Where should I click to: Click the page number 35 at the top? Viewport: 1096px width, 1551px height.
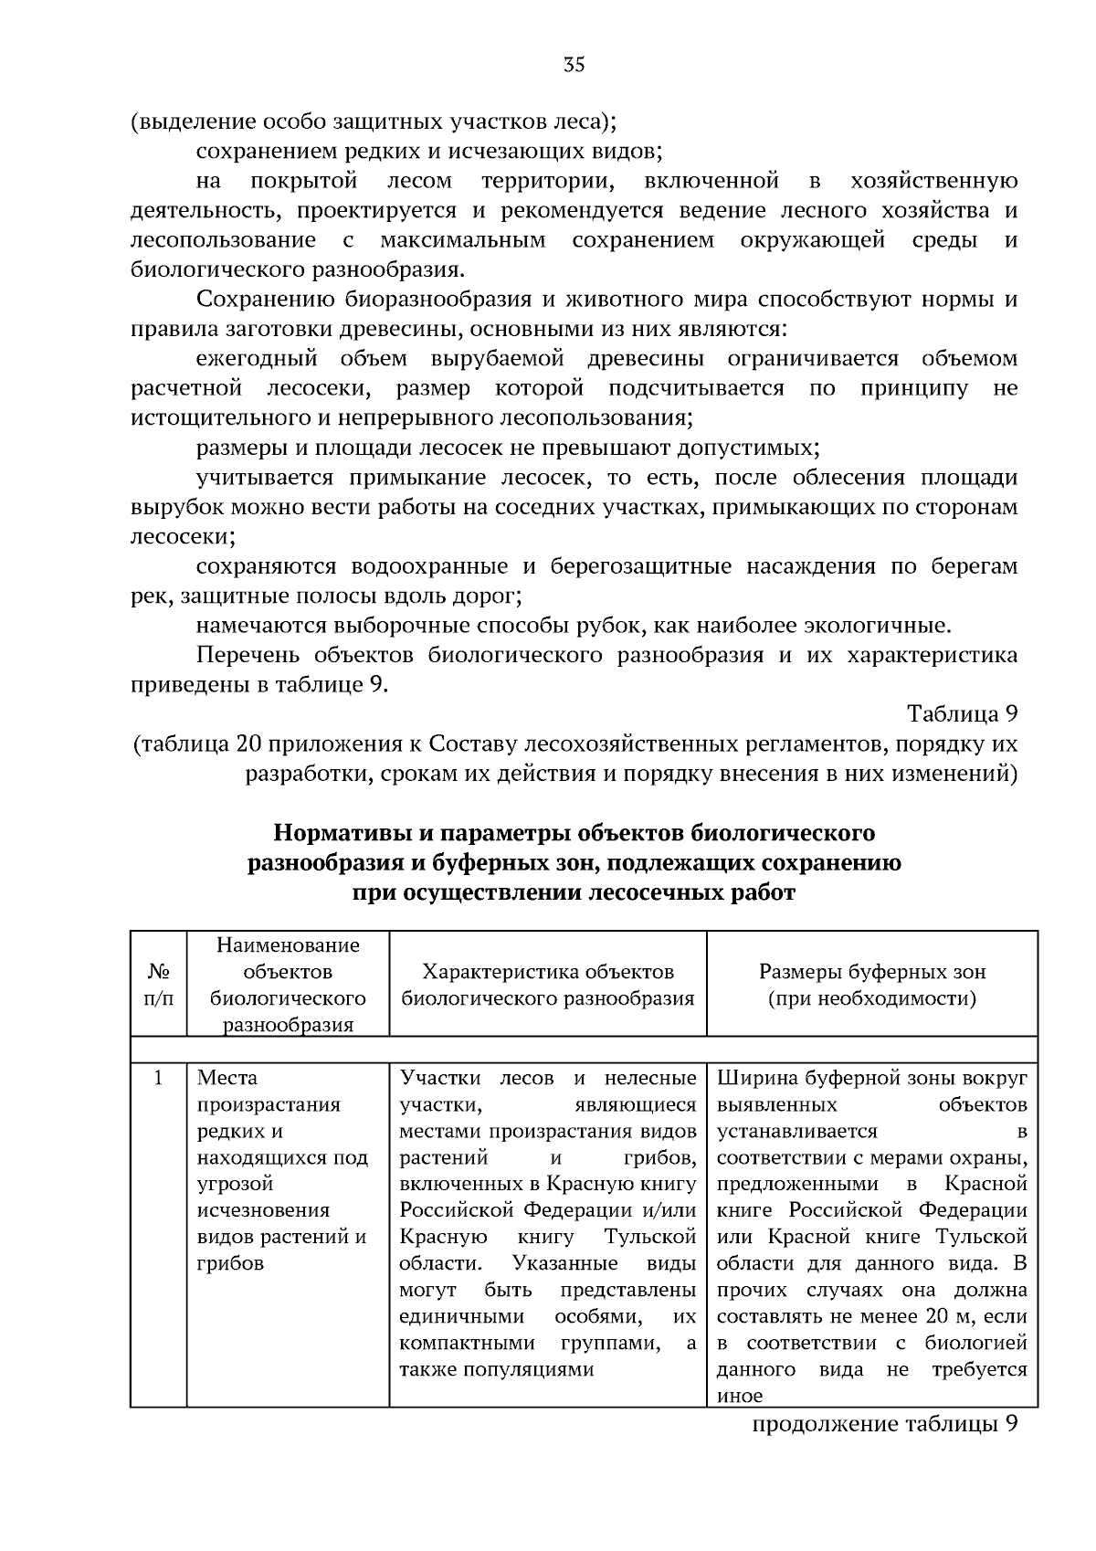[x=574, y=65]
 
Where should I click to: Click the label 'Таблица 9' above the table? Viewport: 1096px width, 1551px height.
[x=962, y=713]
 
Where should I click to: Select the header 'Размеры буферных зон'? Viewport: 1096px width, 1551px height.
[x=872, y=972]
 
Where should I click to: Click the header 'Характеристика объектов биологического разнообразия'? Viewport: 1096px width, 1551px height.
[x=548, y=985]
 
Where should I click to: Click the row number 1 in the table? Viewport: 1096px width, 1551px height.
[x=159, y=1079]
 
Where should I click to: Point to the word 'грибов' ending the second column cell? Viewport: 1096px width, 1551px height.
[x=230, y=1264]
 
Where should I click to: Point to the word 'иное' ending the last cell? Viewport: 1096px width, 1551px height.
[x=739, y=1397]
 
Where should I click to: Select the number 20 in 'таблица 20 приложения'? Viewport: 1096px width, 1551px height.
[x=248, y=744]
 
